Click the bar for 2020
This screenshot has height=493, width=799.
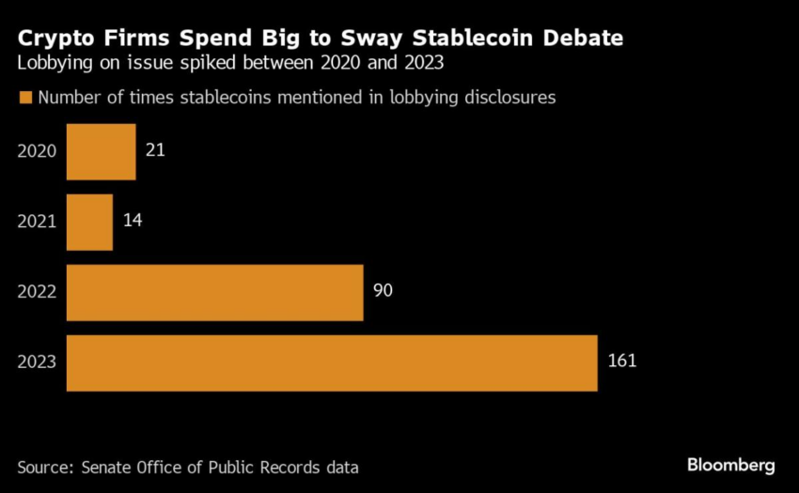click(101, 152)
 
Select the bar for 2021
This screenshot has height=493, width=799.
click(89, 223)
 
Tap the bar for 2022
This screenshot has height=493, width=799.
click(214, 292)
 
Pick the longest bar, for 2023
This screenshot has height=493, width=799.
click(332, 362)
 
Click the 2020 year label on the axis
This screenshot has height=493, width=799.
click(38, 152)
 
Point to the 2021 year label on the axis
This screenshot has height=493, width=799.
click(38, 223)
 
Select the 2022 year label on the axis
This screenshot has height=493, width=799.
click(38, 292)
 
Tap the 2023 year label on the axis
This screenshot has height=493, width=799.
click(38, 362)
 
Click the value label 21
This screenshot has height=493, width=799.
click(156, 149)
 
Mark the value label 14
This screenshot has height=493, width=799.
click(133, 220)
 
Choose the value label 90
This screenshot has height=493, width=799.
click(383, 290)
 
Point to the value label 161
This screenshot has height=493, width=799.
click(621, 360)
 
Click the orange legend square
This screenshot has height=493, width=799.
click(25, 98)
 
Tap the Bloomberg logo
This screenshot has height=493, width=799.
click(730, 465)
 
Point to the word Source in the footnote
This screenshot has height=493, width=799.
click(45, 467)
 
